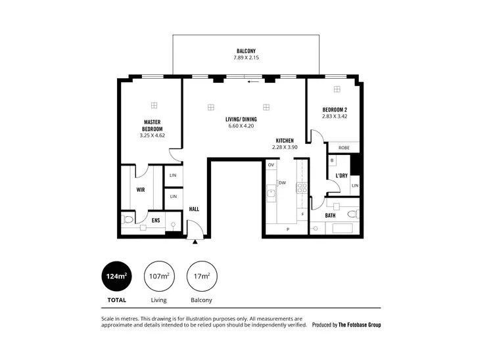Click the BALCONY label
tap(246, 51)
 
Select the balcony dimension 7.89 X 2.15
tap(246, 58)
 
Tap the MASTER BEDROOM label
tap(153, 125)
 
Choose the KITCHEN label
tap(285, 141)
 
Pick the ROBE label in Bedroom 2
tap(342, 148)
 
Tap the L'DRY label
tap(341, 176)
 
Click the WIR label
tap(141, 190)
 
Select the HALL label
tap(194, 210)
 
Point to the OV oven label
tap(270, 165)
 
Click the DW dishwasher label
tap(281, 183)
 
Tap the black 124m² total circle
tap(116, 277)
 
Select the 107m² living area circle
tap(158, 277)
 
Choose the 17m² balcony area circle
tap(201, 277)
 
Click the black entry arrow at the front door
tap(195, 242)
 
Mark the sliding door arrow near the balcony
tap(252, 83)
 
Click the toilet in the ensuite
tap(128, 219)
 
